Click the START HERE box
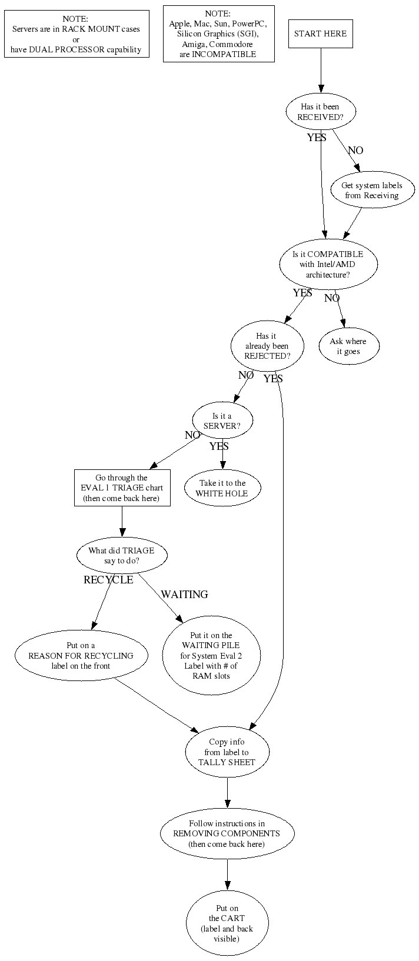[321, 34]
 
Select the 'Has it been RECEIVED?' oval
[321, 112]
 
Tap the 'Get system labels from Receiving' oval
[371, 190]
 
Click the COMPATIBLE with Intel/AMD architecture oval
[328, 264]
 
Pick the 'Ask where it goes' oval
[348, 346]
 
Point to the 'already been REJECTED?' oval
[267, 346]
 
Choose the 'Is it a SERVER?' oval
[222, 420]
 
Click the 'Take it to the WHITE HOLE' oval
[222, 488]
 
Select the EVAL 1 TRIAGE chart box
[122, 488]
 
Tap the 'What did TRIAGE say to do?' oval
[122, 555]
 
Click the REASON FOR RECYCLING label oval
[81, 655]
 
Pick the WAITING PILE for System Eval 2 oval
[211, 655]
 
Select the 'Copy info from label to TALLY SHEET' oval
[227, 752]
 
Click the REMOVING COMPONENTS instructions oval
[227, 833]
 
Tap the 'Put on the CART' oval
[227, 923]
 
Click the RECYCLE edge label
[108, 580]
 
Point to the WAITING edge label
[185, 595]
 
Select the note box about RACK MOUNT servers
[76, 34]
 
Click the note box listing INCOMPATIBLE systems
[218, 34]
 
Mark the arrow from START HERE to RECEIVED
[321, 71]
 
